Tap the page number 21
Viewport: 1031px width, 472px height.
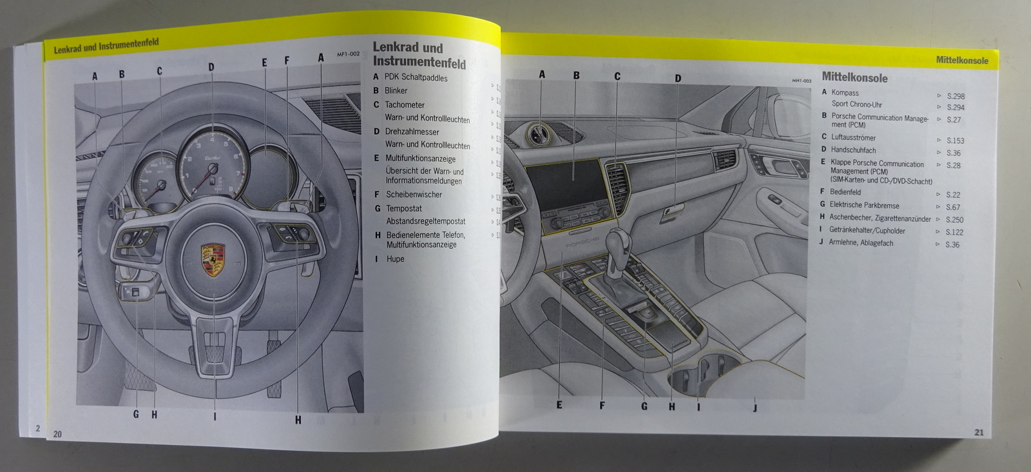(979, 433)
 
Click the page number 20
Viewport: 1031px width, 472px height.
(57, 434)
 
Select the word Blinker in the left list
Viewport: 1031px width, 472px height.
(396, 91)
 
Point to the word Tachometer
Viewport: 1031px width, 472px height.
(405, 104)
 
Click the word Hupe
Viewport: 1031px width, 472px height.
(395, 259)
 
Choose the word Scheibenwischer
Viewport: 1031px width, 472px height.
(414, 194)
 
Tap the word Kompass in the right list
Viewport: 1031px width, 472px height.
(845, 93)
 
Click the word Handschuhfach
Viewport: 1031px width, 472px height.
(853, 150)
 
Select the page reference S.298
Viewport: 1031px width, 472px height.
(955, 96)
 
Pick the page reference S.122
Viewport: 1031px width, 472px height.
(954, 232)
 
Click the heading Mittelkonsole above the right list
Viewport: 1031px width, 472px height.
(854, 78)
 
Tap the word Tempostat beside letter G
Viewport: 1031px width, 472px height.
(404, 208)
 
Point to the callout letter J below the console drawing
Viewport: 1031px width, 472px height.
(755, 407)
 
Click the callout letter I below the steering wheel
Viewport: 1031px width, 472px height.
(215, 417)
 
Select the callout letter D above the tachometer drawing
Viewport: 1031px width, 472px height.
(211, 67)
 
